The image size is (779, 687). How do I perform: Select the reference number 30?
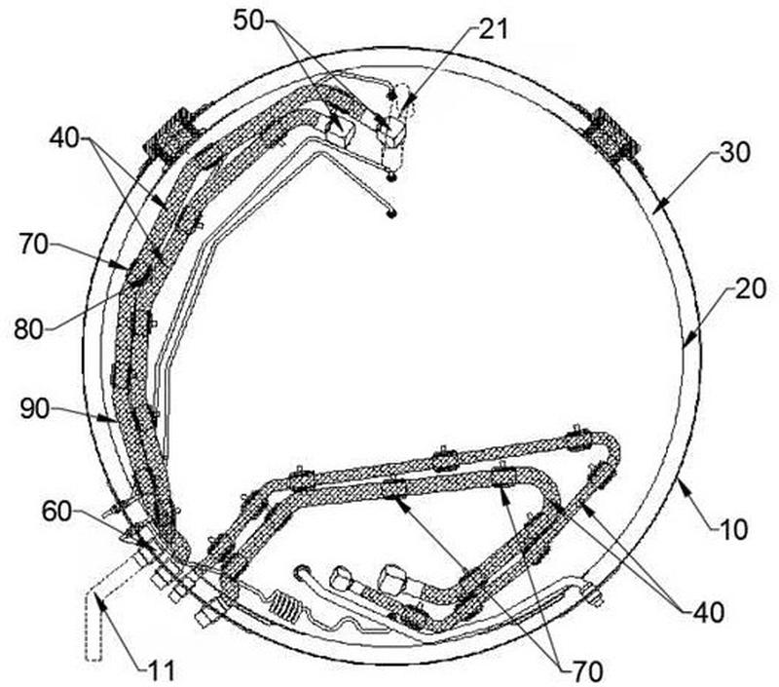pos(738,154)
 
